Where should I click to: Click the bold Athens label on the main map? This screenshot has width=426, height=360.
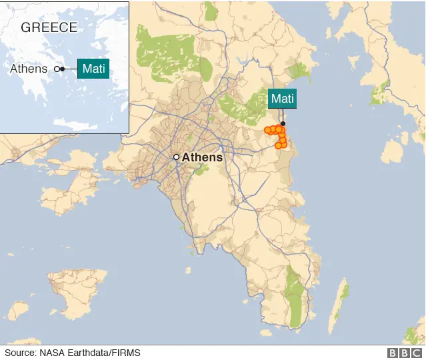(x=202, y=158)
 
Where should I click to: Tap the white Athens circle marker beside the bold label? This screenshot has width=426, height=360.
(x=176, y=157)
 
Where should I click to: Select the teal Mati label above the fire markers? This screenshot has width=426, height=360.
(x=282, y=99)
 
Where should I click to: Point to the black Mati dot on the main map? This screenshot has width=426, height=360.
(x=283, y=124)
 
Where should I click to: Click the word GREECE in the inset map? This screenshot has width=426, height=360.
(x=49, y=27)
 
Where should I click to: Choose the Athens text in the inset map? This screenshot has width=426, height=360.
(x=29, y=69)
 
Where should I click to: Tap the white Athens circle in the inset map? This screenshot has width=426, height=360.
(x=57, y=69)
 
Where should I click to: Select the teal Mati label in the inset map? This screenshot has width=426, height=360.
(x=93, y=68)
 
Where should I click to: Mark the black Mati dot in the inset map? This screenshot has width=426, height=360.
(x=63, y=69)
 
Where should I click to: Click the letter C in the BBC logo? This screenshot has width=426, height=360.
(x=416, y=353)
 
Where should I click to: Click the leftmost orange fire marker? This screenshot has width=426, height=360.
(x=267, y=130)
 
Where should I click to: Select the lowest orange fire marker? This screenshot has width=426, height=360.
(x=278, y=145)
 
